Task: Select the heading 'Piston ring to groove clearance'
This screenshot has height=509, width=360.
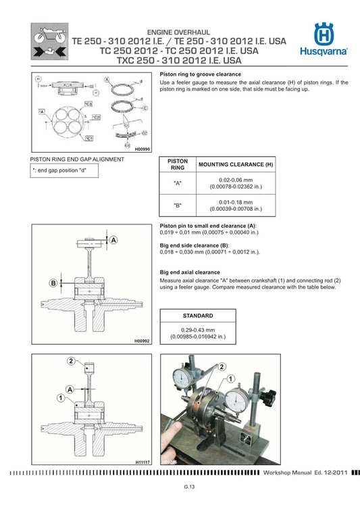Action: click(x=201, y=74)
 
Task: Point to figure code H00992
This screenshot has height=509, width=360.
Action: click(x=141, y=343)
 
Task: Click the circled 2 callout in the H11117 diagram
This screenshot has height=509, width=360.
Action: click(x=70, y=362)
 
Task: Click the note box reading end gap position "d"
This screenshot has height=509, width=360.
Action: click(x=64, y=171)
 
